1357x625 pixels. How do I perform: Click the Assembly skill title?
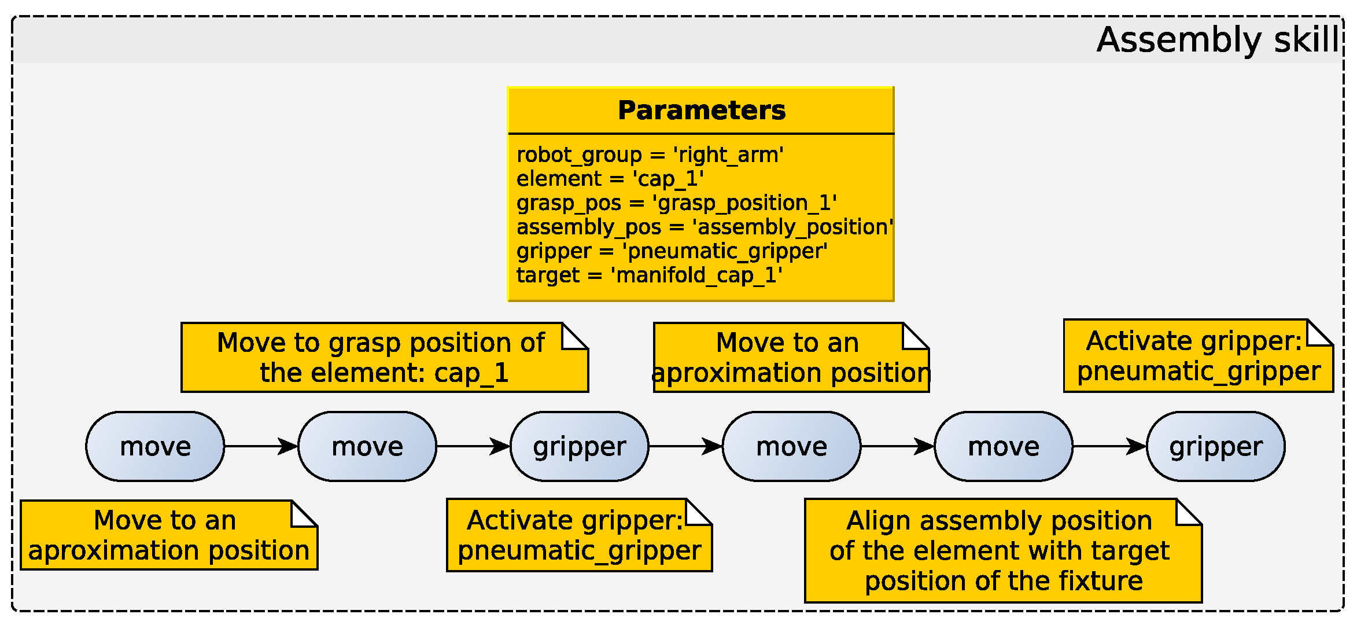click(1218, 40)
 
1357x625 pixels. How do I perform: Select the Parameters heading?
click(702, 111)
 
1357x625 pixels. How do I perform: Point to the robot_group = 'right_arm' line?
click(650, 155)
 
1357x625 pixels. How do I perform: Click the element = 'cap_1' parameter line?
click(610, 179)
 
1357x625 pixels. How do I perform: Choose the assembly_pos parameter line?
click(705, 227)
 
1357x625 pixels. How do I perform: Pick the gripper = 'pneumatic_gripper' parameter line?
click(672, 251)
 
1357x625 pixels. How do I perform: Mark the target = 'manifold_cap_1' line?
click(650, 275)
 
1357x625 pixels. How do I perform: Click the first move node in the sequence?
click(155, 446)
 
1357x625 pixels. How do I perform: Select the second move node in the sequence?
click(367, 446)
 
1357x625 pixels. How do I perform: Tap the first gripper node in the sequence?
click(580, 446)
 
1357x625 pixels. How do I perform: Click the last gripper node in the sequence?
click(1216, 446)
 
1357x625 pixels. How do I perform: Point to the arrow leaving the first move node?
click(261, 446)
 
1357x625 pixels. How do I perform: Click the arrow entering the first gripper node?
click(473, 446)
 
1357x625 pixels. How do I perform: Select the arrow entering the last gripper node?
click(1109, 446)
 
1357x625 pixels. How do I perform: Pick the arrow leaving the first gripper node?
click(685, 446)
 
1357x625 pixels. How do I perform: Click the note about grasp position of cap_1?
click(385, 358)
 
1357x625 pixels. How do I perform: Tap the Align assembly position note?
click(1004, 551)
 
